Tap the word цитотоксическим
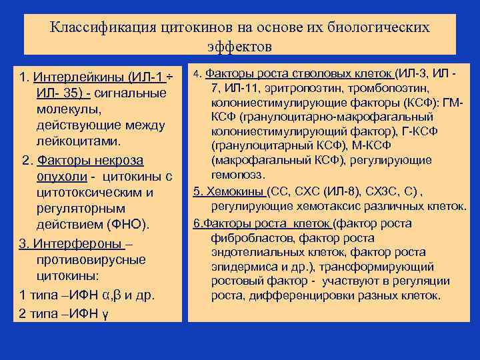click(x=95, y=193)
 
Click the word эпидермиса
click(x=241, y=267)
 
